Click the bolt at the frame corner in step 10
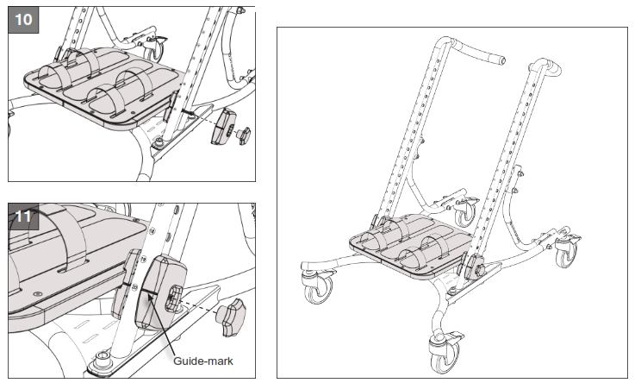161,142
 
